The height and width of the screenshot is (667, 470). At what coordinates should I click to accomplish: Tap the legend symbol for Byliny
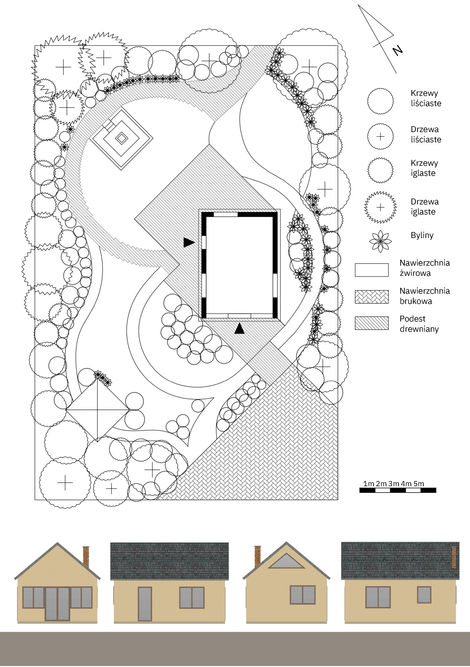(380, 241)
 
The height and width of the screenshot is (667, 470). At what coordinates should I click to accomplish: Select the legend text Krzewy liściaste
(426, 98)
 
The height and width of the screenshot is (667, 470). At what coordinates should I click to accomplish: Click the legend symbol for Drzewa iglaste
(380, 207)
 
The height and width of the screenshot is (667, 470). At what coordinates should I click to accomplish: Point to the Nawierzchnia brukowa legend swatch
(372, 297)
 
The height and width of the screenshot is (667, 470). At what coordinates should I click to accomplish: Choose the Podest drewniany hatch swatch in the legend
(372, 323)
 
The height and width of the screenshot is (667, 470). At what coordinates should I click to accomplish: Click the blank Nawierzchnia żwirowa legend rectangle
(372, 270)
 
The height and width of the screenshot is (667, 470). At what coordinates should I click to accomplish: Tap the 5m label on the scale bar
(419, 483)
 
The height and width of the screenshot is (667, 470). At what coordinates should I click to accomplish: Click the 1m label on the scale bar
(369, 483)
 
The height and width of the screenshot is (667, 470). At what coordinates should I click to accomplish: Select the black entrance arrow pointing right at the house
(189, 242)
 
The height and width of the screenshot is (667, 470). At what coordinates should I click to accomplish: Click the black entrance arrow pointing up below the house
(240, 328)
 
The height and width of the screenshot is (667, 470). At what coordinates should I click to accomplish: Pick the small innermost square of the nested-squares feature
(121, 138)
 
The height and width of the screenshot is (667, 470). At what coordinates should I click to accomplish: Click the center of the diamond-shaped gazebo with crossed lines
(98, 410)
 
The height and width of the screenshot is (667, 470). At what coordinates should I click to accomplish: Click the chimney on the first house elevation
(86, 556)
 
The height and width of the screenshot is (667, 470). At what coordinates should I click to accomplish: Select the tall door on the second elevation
(145, 604)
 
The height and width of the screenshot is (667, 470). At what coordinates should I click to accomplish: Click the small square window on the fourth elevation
(424, 595)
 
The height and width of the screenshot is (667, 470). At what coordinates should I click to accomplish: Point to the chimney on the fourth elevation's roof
(454, 557)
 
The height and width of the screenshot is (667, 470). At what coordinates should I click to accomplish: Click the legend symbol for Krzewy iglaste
(380, 170)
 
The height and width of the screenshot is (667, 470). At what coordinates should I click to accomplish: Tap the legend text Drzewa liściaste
(426, 134)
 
